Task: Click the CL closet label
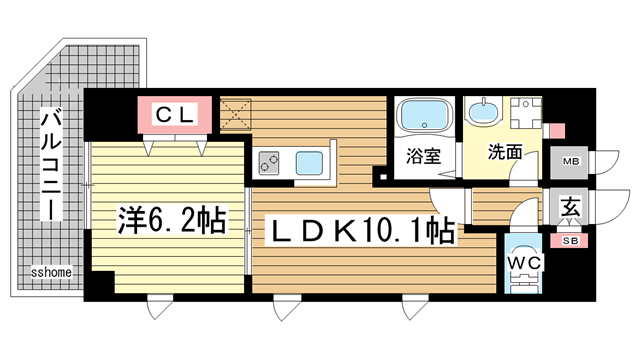pos(174,115)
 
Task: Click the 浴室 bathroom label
pos(423,155)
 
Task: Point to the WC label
pos(523,263)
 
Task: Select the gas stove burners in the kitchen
pos(271,160)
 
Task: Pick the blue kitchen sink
pos(310,160)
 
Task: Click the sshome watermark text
pos(49,271)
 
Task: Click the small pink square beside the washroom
pos(557,131)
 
